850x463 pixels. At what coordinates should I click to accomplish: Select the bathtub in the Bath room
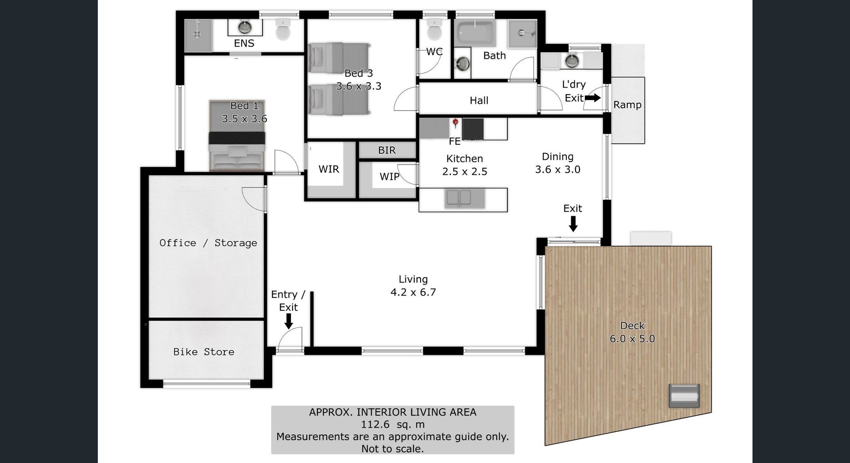pos(475,32)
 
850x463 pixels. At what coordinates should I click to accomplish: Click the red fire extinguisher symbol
pos(455,123)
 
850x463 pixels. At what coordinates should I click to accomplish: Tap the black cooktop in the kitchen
pos(473,129)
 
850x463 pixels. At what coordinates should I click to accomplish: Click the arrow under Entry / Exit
pos(289,321)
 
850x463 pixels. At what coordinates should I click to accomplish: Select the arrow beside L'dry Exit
pos(593,98)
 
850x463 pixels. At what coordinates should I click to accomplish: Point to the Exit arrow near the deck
pos(573,224)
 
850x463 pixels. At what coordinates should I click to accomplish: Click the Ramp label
pos(627,105)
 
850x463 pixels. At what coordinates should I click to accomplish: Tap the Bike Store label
pos(204,352)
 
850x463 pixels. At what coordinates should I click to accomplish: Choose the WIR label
pos(328,169)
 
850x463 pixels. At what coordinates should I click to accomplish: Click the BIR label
pos(387,150)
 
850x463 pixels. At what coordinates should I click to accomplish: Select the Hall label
pos(479,100)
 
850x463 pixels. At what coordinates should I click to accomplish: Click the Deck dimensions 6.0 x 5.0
pos(632,339)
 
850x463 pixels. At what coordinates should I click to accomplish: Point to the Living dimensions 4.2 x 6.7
pos(413,292)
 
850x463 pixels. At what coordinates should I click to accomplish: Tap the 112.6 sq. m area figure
pos(393,424)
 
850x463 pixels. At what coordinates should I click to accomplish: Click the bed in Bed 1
pos(237,135)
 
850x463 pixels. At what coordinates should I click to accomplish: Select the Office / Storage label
pos(208,243)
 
